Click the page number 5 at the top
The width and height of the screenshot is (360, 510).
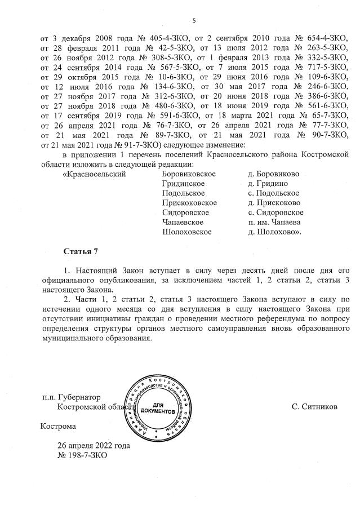point(194,21)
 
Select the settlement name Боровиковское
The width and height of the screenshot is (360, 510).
point(189,174)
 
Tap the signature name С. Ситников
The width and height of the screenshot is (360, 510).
point(315,406)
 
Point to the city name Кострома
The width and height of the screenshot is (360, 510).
point(58,427)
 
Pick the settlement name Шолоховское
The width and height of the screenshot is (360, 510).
point(186,232)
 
